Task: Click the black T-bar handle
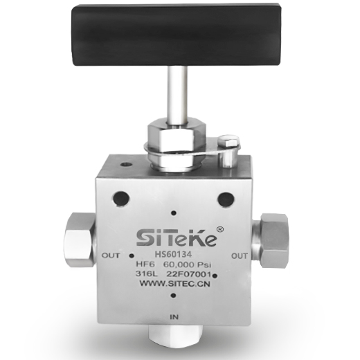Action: pos(177,35)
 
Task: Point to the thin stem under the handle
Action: pos(178,96)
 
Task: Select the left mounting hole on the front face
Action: pos(120,199)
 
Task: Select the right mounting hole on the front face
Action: pos(226,199)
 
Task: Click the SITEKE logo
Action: pos(177,237)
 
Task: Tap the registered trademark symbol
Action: pos(220,229)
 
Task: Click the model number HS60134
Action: pos(173,254)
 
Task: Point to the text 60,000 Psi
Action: pos(187,264)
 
